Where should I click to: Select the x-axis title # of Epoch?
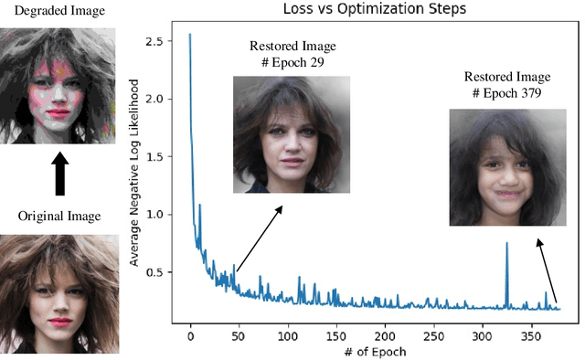(363, 352)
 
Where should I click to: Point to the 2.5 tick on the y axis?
(167, 42)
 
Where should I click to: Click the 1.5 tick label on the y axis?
(167, 157)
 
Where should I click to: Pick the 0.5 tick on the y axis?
(167, 272)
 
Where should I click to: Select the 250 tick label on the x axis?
(434, 334)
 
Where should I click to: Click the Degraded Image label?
(56, 10)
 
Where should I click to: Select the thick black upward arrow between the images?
(58, 173)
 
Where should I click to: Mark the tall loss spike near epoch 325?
(506, 244)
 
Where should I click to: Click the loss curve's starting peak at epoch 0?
(190, 36)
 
